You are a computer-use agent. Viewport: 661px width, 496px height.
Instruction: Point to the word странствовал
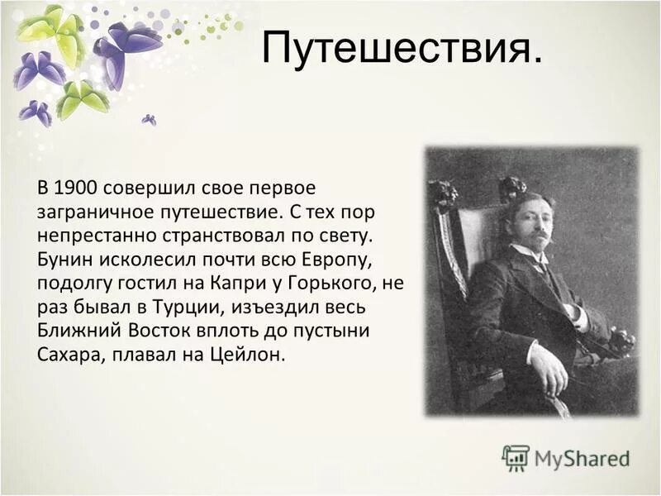(213, 236)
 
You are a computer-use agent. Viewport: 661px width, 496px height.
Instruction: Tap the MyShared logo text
(582, 458)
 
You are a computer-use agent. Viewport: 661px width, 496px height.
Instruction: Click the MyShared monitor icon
(516, 457)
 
